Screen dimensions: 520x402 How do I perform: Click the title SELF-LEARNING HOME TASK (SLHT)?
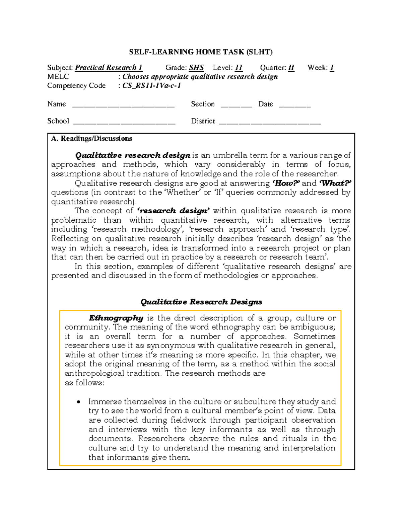point(201,52)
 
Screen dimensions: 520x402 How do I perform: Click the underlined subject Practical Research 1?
point(109,68)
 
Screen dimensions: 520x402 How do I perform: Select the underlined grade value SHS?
point(196,68)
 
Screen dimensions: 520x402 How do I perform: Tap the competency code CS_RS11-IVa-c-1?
point(151,86)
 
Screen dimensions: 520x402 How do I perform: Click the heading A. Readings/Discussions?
point(91,139)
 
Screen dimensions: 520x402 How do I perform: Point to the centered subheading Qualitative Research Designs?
point(201,302)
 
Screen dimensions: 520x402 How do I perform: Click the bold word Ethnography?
point(116,318)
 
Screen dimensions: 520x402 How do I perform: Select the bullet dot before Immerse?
point(78,402)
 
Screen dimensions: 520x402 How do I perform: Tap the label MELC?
point(58,77)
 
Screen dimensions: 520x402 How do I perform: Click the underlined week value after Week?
point(332,68)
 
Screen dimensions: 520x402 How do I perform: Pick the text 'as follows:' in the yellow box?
point(84,383)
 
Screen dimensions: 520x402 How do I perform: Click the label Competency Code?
point(76,86)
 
